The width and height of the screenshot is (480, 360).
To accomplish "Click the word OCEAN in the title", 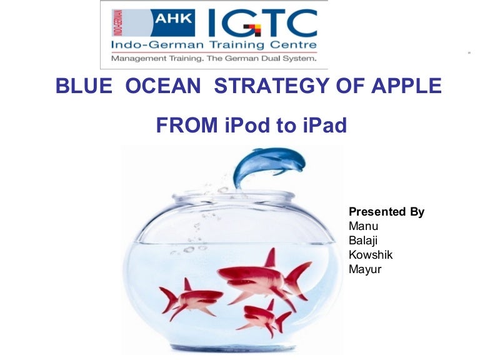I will tap(164, 86).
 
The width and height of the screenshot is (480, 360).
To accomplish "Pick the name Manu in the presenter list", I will tap(363, 226).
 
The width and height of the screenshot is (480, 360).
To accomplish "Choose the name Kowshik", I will tap(371, 255).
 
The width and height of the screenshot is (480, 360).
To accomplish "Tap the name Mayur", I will tap(365, 269).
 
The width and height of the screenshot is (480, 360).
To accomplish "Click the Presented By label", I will tap(386, 212).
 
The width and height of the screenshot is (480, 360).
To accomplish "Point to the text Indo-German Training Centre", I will tap(213, 45).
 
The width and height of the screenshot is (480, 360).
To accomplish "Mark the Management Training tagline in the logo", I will tap(213, 59).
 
